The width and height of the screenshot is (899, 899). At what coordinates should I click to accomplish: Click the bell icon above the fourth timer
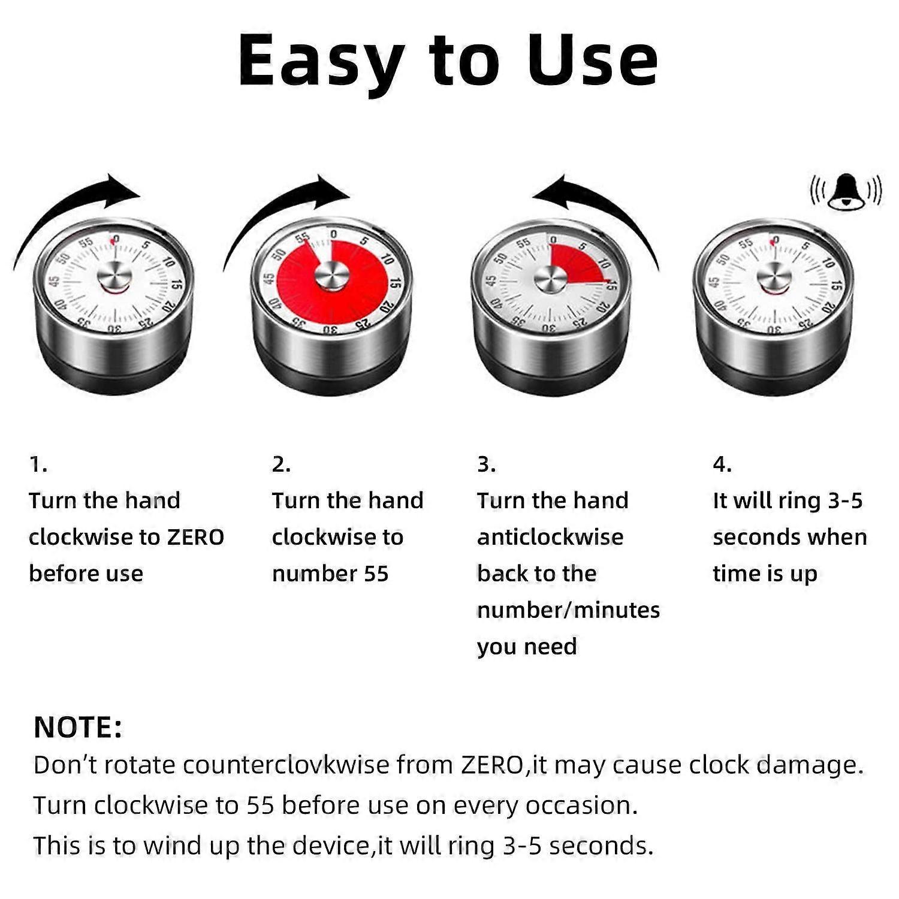tap(846, 192)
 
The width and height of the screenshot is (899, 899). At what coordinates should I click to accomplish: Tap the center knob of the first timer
tap(114, 277)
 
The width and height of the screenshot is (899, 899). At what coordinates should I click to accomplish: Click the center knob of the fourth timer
tap(774, 277)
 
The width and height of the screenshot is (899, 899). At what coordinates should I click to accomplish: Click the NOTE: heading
tap(78, 727)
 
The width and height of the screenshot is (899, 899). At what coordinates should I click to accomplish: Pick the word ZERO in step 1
tap(195, 537)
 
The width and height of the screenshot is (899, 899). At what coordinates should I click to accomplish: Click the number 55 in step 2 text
tap(376, 574)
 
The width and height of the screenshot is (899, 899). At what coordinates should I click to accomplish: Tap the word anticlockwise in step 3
tap(550, 537)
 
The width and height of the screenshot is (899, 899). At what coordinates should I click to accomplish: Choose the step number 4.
tap(722, 464)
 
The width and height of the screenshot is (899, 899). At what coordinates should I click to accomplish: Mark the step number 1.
tap(38, 464)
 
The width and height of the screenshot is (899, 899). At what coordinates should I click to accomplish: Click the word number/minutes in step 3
tap(568, 610)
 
